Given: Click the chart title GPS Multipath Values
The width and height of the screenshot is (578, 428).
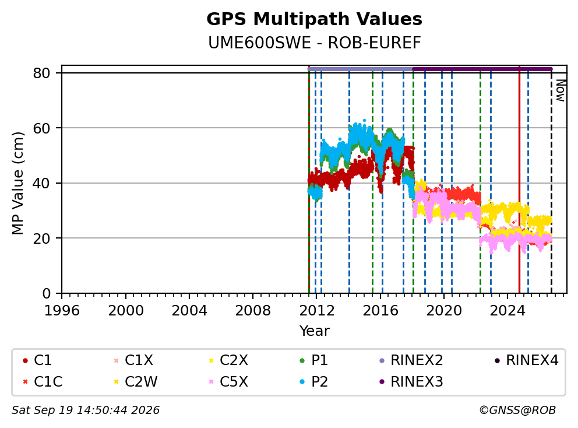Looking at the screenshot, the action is pyautogui.click(x=314, y=19).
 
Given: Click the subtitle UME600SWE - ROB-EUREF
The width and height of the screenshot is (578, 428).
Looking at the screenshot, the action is pyautogui.click(x=314, y=43).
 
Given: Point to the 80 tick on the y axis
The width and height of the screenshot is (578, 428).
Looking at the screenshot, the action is pyautogui.click(x=41, y=73).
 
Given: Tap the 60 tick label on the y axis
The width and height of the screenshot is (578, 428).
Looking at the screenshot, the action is pyautogui.click(x=41, y=128).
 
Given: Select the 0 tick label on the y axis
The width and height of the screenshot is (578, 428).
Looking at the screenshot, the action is pyautogui.click(x=47, y=293).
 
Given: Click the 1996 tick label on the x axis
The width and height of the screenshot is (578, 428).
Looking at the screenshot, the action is pyautogui.click(x=62, y=311).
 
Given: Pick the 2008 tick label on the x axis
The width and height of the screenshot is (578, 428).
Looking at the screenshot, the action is pyautogui.click(x=253, y=311).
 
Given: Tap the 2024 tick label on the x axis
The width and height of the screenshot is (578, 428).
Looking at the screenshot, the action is pyautogui.click(x=507, y=311).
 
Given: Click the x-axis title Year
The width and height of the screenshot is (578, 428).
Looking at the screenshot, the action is pyautogui.click(x=314, y=331).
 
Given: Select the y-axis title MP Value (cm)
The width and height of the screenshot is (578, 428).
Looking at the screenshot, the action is pyautogui.click(x=17, y=183).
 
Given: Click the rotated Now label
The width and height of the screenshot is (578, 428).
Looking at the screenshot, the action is pyautogui.click(x=561, y=91).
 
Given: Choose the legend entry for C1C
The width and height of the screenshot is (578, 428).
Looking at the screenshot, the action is pyautogui.click(x=43, y=381).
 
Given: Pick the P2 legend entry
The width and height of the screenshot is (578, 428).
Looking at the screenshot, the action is pyautogui.click(x=314, y=381).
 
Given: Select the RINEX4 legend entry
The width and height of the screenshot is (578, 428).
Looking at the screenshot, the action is pyautogui.click(x=526, y=360).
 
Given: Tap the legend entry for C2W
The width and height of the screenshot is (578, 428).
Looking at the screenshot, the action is pyautogui.click(x=136, y=381).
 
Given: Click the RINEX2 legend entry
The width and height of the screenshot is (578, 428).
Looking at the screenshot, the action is pyautogui.click(x=411, y=360).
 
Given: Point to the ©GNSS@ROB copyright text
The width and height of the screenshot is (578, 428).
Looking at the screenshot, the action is pyautogui.click(x=517, y=410).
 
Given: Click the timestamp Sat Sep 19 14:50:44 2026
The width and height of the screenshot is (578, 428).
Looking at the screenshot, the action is pyautogui.click(x=86, y=410).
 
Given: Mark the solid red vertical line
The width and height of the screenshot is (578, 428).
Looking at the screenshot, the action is pyautogui.click(x=519, y=180).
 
